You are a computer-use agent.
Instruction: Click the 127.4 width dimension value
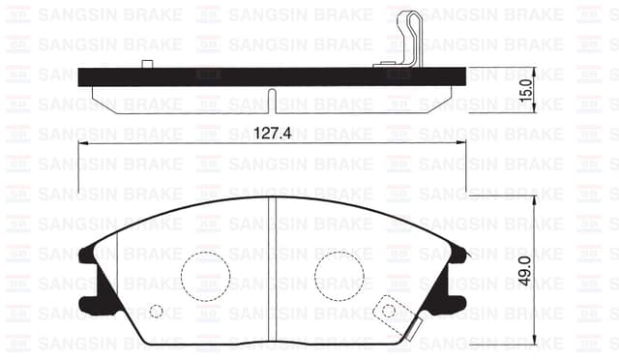pyautogui.click(x=272, y=134)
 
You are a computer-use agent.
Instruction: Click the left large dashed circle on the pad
pyautogui.click(x=204, y=275)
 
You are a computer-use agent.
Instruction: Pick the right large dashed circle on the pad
pyautogui.click(x=339, y=275)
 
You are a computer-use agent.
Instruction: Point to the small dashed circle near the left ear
pyautogui.click(x=157, y=312)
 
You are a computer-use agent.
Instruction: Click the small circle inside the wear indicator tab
pyautogui.click(x=389, y=311)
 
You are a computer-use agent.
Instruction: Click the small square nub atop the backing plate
pyautogui.click(x=148, y=65)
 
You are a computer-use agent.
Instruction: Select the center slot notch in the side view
pyautogui.click(x=272, y=100)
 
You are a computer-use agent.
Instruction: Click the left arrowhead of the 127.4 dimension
pyautogui.click(x=82, y=142)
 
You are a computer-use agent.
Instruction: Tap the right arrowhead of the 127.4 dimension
pyautogui.click(x=461, y=142)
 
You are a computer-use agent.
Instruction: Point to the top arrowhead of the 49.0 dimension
pyautogui.click(x=533, y=199)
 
